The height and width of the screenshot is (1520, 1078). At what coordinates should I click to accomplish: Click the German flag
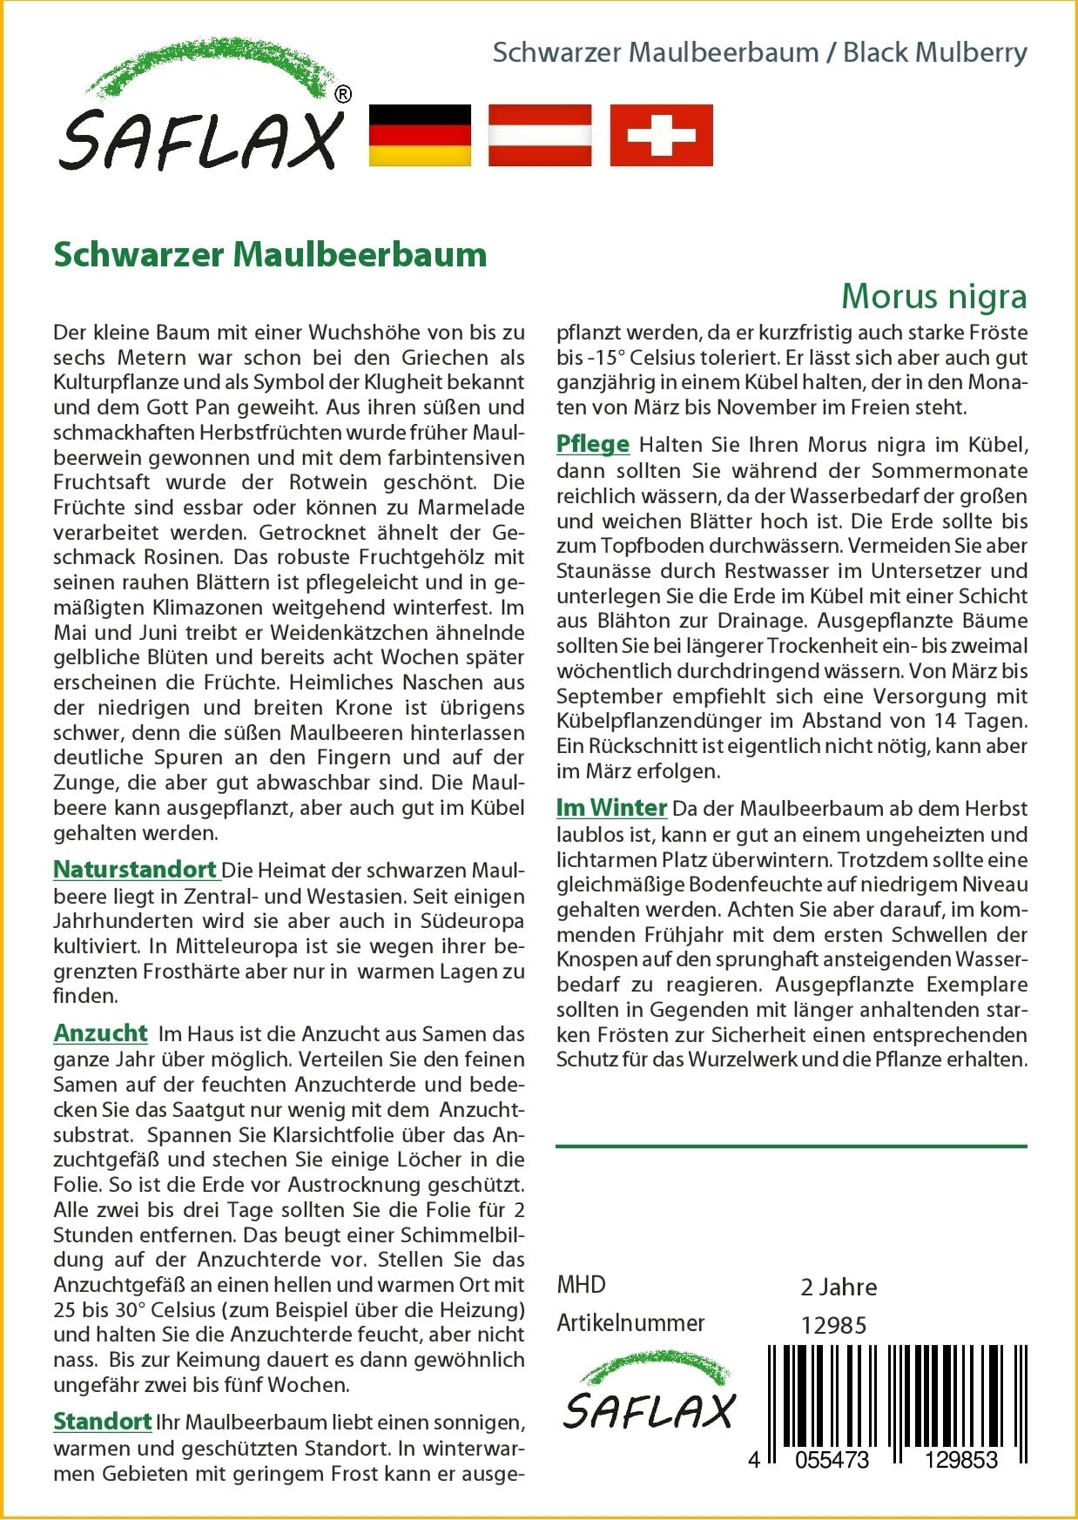point(420,135)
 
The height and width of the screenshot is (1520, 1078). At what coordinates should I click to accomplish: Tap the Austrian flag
point(540,135)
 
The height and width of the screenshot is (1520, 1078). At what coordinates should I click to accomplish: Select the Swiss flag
point(661,135)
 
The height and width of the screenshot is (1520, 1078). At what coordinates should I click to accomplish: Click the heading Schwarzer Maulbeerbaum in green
point(270,254)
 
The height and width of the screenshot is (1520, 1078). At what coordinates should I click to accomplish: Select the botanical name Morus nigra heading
point(933,296)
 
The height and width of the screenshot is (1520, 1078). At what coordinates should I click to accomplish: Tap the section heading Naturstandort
point(135,870)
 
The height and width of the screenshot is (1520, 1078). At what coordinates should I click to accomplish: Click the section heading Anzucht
point(100,1032)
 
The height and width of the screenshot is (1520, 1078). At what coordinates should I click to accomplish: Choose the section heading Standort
point(103,1422)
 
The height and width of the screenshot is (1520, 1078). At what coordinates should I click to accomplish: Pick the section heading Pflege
point(593,444)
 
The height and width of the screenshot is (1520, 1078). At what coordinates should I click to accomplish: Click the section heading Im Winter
point(611,807)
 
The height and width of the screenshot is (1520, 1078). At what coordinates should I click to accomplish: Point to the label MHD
point(581,1284)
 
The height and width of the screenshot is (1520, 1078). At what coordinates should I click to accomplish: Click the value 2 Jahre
point(839,1287)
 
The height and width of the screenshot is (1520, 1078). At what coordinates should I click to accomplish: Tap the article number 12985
point(833,1325)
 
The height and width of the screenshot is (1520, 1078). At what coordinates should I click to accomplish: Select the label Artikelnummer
point(630,1323)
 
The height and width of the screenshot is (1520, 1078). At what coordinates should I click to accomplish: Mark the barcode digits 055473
point(832,1460)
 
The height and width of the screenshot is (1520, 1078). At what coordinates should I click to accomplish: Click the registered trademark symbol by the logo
point(343,95)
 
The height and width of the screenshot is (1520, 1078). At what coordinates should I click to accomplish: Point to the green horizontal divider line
point(791,1147)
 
